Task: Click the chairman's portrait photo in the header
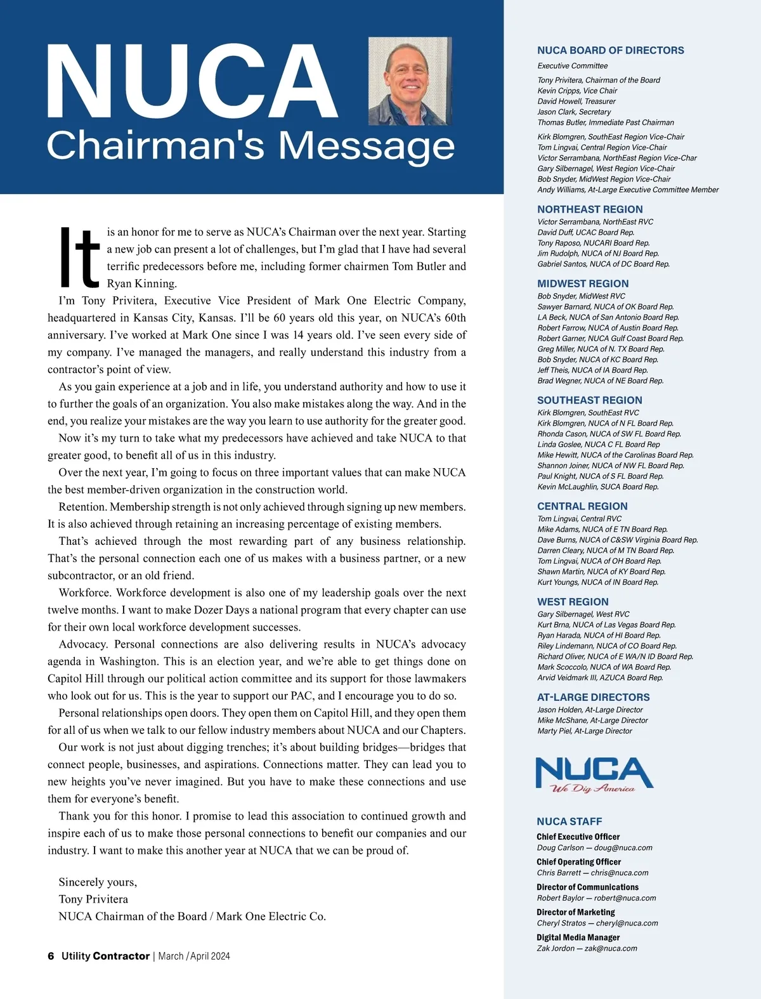pyautogui.click(x=410, y=81)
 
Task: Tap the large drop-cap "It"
pyautogui.click(x=79, y=257)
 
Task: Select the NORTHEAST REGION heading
pyautogui.click(x=590, y=209)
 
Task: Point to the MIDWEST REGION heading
pyautogui.click(x=583, y=284)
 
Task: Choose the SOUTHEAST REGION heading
pyautogui.click(x=589, y=400)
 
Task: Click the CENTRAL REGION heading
pyautogui.click(x=582, y=506)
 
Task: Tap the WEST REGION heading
pyautogui.click(x=573, y=602)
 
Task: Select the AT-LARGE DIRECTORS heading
pyautogui.click(x=593, y=697)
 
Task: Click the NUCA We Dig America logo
pyautogui.click(x=594, y=775)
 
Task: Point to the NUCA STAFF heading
pyautogui.click(x=569, y=821)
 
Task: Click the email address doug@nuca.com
pyautogui.click(x=623, y=847)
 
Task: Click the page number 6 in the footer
pyautogui.click(x=51, y=956)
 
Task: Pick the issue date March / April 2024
pyautogui.click(x=194, y=956)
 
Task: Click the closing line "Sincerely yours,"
pyautogui.click(x=98, y=882)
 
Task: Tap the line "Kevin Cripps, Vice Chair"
pyautogui.click(x=577, y=91)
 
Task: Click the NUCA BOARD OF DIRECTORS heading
pyautogui.click(x=610, y=51)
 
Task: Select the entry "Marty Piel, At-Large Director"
pyautogui.click(x=585, y=731)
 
